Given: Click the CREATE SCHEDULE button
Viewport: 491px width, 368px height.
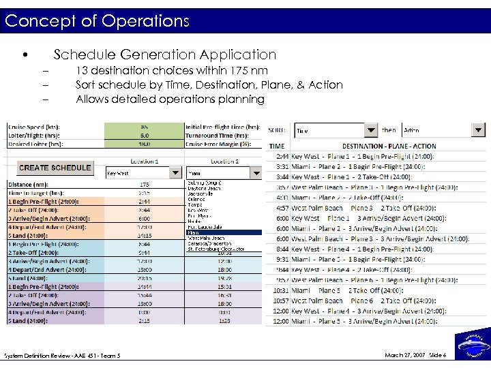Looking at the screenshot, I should pyautogui.click(x=55, y=168).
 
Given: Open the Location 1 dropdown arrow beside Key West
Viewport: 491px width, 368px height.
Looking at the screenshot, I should pyautogui.click(x=175, y=173).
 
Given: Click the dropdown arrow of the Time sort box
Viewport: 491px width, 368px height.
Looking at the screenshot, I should pyautogui.click(x=370, y=130).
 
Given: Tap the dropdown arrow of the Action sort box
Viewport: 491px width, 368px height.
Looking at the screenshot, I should pyautogui.click(x=479, y=130).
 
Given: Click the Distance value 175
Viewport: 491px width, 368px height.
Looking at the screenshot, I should pyautogui.click(x=144, y=184).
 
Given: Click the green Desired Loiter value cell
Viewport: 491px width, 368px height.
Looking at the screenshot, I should pyautogui.click(x=144, y=144).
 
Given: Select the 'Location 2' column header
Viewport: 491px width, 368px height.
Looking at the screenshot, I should pyautogui.click(x=224, y=162).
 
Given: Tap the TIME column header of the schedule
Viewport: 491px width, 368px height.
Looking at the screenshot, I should pyautogui.click(x=277, y=146).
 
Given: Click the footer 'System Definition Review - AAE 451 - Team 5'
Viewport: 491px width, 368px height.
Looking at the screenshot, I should pyautogui.click(x=62, y=356).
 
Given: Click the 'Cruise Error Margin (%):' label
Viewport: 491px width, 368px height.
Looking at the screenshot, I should pyautogui.click(x=222, y=144).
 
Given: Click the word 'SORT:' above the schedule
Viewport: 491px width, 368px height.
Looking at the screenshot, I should pyautogui.click(x=276, y=130).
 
